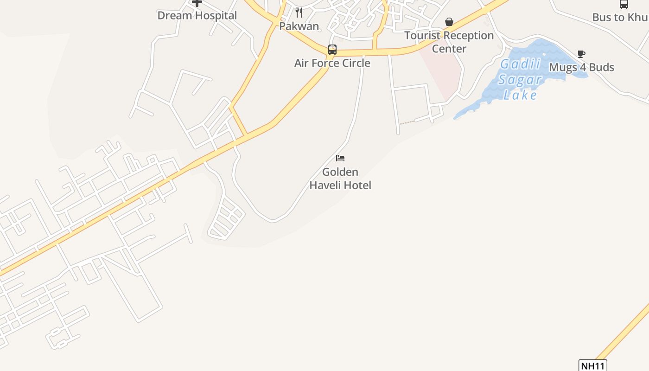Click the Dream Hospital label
coord(197,15)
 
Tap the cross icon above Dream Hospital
coord(197,3)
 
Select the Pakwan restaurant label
coord(299,26)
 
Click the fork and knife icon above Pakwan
coord(299,13)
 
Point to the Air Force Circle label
coord(332,63)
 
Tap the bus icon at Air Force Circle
coord(332,50)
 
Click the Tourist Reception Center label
coord(449,42)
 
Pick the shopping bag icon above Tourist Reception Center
coord(449,22)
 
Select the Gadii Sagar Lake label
coord(520,79)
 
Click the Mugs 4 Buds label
coord(581,67)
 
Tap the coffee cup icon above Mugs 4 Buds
coord(581,54)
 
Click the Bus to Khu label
coord(620,18)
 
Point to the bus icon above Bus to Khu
coord(624,4)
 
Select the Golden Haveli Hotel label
coord(340,179)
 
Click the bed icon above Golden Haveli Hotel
coord(340,158)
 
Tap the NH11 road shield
coord(593,365)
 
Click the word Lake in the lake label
coord(520,95)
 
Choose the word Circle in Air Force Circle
coord(355,63)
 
